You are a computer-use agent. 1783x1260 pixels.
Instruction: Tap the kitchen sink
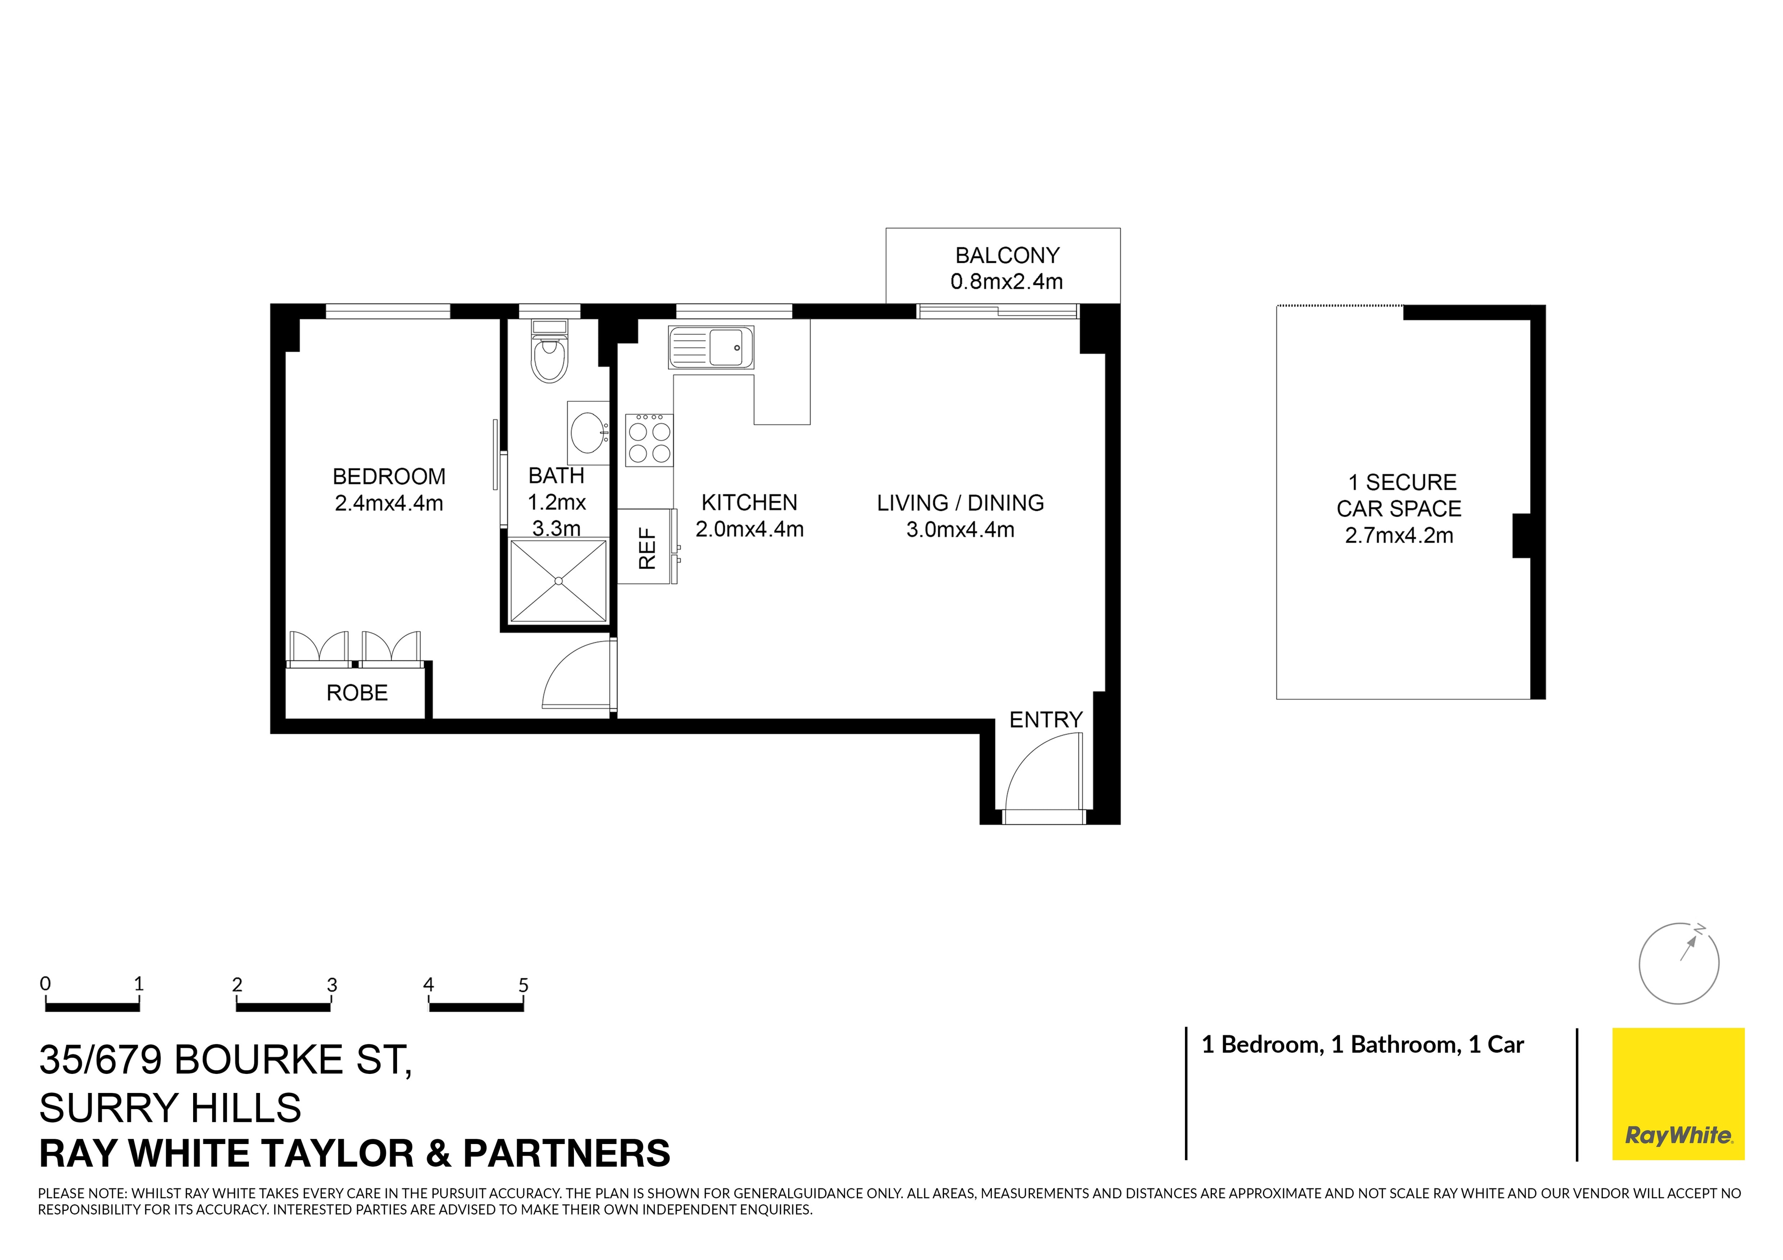710,347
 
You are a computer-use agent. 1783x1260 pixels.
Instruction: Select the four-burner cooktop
649,440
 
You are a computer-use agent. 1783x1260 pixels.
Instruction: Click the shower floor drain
558,581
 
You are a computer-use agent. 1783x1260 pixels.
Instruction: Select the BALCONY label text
1007,255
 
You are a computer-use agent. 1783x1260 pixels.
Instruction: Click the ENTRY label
1045,720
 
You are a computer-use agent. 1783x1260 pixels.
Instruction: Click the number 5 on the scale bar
523,985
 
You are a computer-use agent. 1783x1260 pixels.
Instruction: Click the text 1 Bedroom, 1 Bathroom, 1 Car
1362,1045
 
